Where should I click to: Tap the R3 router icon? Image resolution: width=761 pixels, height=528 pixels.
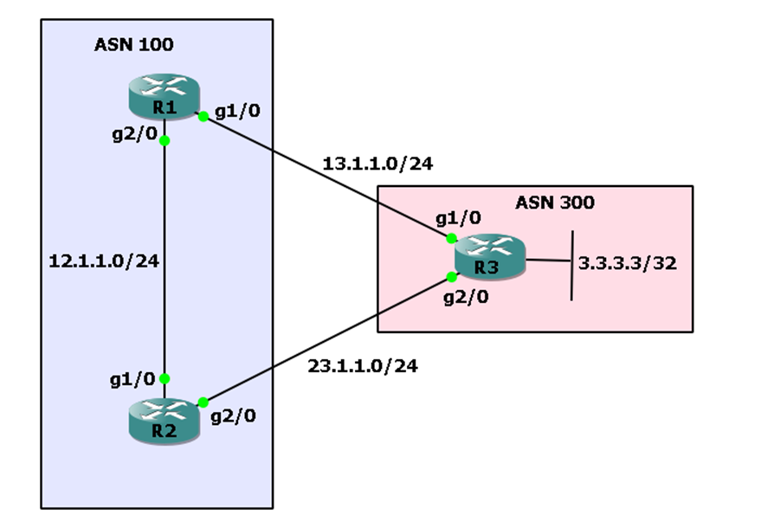pos(490,256)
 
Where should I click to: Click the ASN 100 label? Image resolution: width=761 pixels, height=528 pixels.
pos(133,46)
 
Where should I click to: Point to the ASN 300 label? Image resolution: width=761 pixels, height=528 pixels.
pos(554,203)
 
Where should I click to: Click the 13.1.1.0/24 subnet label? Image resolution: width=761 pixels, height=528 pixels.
pos(377,164)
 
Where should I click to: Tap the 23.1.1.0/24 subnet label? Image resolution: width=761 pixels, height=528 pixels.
pos(363,366)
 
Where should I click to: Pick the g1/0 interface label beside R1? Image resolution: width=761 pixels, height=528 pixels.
pos(236,110)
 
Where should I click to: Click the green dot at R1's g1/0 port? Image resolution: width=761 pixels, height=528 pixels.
pos(202,116)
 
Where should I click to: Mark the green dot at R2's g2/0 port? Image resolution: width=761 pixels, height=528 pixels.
pos(203,402)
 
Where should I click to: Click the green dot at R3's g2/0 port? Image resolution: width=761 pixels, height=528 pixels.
pos(452,277)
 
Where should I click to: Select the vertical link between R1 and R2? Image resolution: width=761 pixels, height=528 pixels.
pos(164,260)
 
